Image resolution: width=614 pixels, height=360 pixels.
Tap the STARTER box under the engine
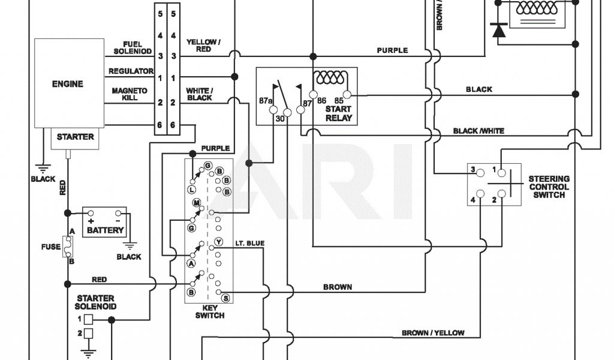tap(75, 137)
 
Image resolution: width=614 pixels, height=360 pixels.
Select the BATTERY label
tap(105, 230)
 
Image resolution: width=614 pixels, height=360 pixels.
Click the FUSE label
tap(51, 247)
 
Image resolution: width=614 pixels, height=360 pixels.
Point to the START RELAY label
tap(339, 114)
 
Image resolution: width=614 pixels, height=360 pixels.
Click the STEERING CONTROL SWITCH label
tap(549, 187)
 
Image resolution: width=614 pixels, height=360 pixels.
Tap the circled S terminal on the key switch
tap(225, 298)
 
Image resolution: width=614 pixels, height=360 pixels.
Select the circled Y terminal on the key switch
tap(218, 242)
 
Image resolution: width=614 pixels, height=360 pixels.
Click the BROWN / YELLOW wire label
tap(432, 333)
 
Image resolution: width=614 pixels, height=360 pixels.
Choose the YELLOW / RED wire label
tap(203, 46)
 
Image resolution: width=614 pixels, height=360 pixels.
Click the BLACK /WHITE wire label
tap(478, 131)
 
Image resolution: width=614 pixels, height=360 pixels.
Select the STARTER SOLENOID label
tap(96, 302)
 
